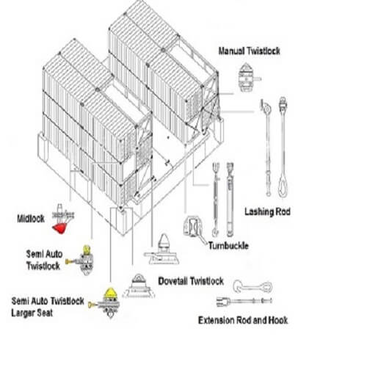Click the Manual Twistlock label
click(249, 51)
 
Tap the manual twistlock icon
click(247, 77)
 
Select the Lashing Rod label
click(267, 211)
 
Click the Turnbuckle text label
click(228, 246)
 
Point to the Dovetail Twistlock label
click(191, 281)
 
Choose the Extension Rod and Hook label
click(243, 320)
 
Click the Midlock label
click(31, 219)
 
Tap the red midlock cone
click(59, 228)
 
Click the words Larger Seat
click(32, 313)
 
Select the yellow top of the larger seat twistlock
click(110, 293)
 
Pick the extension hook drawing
click(252, 286)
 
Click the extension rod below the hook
click(244, 301)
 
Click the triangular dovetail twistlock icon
click(139, 286)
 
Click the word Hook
click(278, 320)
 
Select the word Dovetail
click(173, 281)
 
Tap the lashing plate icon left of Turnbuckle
click(193, 226)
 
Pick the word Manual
click(231, 51)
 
